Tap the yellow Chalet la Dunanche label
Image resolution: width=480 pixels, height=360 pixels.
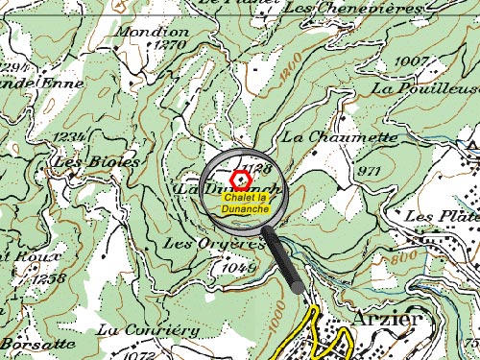pos(241,203)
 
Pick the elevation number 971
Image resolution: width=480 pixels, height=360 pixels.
pos(367,170)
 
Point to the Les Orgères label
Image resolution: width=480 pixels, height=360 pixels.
pos(213,244)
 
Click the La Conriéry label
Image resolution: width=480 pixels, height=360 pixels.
pos(134,328)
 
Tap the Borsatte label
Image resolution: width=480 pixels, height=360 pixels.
pos(37,343)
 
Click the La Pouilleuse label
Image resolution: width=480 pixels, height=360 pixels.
pos(426,88)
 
